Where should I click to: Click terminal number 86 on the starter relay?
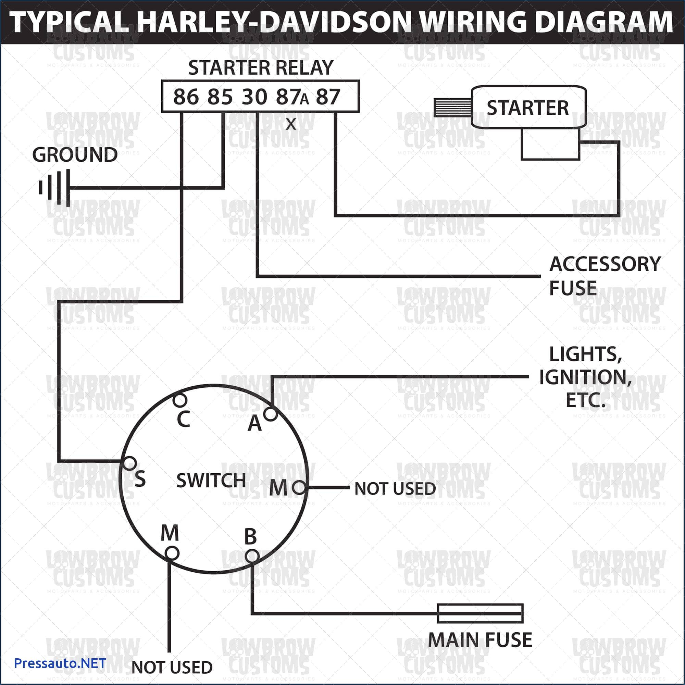(186, 97)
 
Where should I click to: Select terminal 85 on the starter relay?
(220, 97)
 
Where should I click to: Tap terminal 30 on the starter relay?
(254, 97)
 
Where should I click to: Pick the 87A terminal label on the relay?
(292, 97)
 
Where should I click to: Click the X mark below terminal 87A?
(291, 124)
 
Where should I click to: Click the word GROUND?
(75, 155)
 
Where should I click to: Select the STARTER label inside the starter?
(527, 108)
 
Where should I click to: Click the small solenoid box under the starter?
(550, 144)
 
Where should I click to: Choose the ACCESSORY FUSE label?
(605, 276)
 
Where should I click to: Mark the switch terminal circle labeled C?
(180, 400)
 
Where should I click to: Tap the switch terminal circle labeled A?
(271, 414)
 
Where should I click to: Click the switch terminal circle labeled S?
(129, 463)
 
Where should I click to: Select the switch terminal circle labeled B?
(252, 556)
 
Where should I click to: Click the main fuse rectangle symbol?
(480, 613)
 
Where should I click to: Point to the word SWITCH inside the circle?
(211, 481)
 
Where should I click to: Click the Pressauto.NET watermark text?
(60, 663)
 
